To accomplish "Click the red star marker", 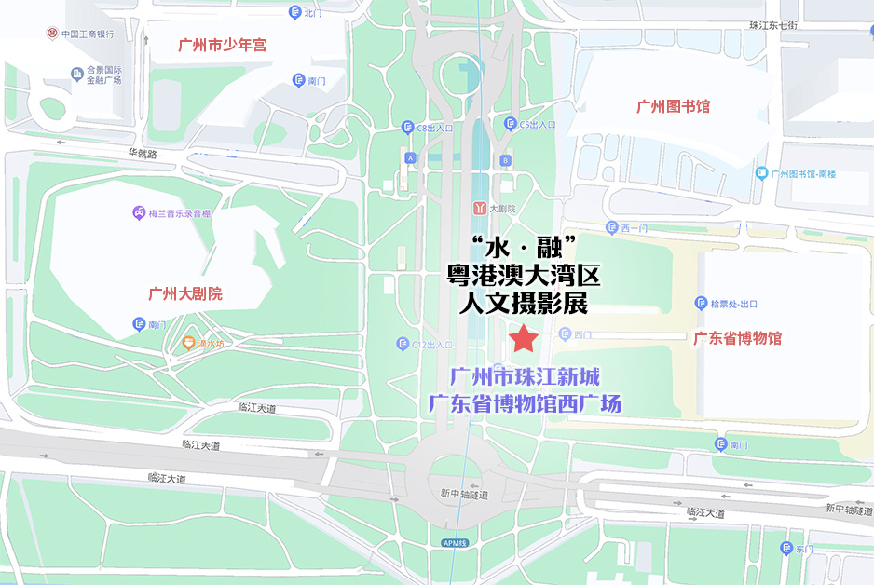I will click(x=523, y=339).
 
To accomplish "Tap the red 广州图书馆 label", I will click(x=673, y=107).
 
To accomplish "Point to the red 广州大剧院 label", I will click(x=185, y=294).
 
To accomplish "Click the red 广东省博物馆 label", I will click(x=737, y=338).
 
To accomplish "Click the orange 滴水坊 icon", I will click(x=190, y=344).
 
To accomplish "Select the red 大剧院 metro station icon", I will click(x=479, y=208).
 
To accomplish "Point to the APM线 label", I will click(x=455, y=542).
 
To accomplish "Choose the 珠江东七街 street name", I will click(x=773, y=25).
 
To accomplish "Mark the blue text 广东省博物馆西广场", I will click(x=524, y=404).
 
